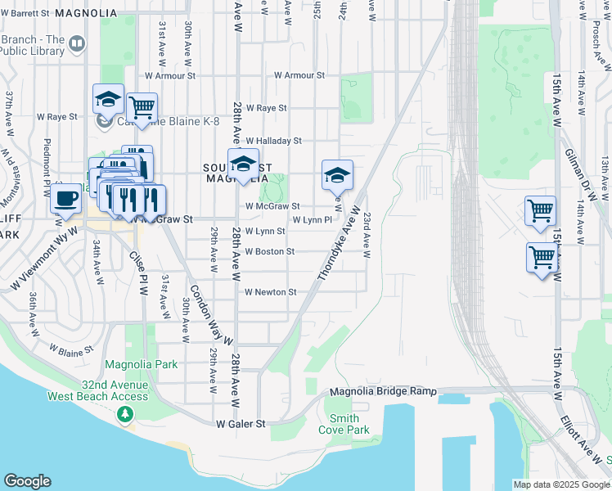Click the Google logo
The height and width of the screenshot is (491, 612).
click(27, 481)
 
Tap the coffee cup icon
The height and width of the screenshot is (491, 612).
click(65, 196)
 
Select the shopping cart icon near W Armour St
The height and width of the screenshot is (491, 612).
click(142, 106)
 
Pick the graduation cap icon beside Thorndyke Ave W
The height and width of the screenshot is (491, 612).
click(337, 174)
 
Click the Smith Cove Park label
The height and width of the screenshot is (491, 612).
click(344, 424)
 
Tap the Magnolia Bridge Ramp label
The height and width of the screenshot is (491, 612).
click(383, 392)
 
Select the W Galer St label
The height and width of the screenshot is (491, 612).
click(241, 424)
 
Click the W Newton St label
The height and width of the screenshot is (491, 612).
click(270, 292)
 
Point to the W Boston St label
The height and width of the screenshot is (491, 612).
click(269, 251)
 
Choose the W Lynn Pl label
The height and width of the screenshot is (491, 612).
click(312, 219)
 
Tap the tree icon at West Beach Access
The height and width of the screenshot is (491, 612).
click(124, 416)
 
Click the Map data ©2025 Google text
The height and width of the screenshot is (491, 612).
click(560, 484)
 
